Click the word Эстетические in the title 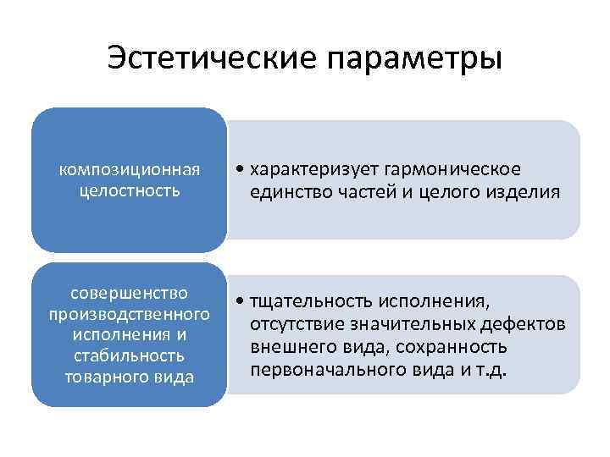[x=211, y=58]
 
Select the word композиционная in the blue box [x=130, y=168]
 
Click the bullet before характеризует [x=241, y=169]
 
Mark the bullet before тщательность [x=241, y=303]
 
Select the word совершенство [x=130, y=294]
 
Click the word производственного [x=130, y=315]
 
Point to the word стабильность [x=130, y=355]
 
